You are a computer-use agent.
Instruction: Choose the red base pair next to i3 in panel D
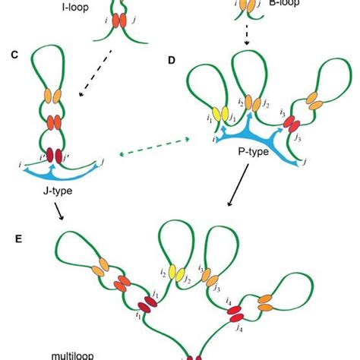tap(290, 121)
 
